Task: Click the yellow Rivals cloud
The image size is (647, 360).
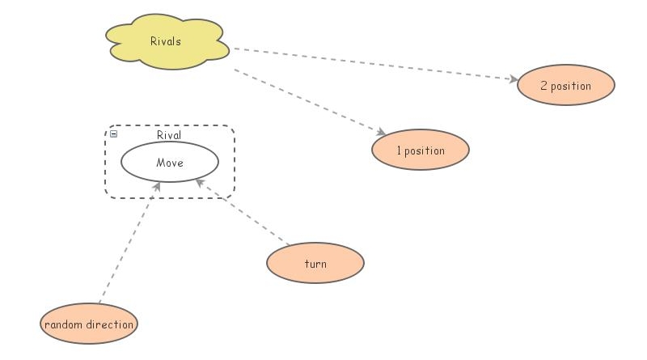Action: click(166, 41)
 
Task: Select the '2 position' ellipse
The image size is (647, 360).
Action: click(565, 86)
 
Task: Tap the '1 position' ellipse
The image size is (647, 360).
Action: click(420, 150)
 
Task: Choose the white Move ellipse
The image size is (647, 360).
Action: click(170, 163)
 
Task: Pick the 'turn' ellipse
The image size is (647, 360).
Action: click(315, 264)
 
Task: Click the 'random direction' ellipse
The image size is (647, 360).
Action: click(89, 325)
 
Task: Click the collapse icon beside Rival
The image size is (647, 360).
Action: click(113, 134)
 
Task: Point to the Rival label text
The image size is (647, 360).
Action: click(169, 135)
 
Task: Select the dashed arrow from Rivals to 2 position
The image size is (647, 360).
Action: click(372, 64)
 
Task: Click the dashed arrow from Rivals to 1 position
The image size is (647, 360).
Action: click(307, 101)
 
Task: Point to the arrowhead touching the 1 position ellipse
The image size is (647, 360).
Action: click(381, 132)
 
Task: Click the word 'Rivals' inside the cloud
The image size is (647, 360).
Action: click(166, 40)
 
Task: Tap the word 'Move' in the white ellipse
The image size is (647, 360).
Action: click(170, 163)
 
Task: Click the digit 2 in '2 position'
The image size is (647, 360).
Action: click(543, 86)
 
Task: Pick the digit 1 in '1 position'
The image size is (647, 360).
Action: click(399, 150)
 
